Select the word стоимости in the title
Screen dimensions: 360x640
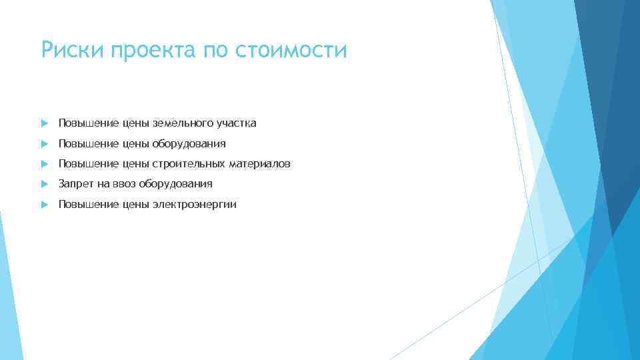[291, 50]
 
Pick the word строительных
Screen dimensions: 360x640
[189, 163]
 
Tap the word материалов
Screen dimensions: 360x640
[260, 163]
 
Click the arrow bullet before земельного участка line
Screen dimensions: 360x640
[44, 123]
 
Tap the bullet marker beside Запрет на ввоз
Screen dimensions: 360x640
[44, 183]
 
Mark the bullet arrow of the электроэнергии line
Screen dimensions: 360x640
[44, 204]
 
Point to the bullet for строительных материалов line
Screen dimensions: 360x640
[44, 163]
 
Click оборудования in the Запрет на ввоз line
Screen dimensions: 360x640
[176, 183]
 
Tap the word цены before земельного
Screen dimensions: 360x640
[136, 123]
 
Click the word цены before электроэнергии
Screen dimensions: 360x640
[136, 204]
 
